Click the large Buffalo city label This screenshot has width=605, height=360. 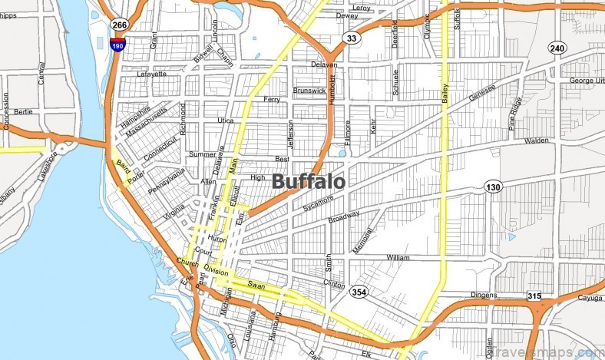308,181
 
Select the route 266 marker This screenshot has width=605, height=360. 119,25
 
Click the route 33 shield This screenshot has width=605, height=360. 352,38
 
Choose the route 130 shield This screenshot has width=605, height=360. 492,187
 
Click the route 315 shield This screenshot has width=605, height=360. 534,296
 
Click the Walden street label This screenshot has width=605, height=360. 537,141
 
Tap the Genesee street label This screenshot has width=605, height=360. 484,93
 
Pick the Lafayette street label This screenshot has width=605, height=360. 151,74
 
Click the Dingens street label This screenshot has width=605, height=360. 484,295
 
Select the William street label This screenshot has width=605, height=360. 398,257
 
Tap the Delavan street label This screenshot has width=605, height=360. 323,65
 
